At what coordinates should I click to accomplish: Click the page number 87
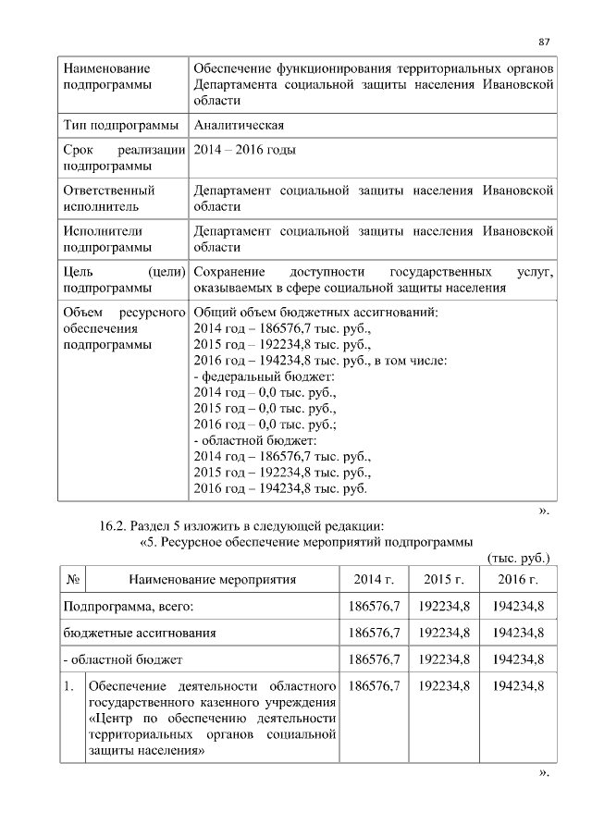545,42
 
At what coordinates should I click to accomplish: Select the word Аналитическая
239,125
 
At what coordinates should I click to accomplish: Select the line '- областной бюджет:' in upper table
255,439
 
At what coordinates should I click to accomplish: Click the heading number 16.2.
116,526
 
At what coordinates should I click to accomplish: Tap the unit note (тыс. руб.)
518,558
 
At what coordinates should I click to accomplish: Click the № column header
73,580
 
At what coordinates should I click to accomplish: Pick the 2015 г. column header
444,580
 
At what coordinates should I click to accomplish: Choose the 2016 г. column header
517,580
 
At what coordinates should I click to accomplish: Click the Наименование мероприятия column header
212,580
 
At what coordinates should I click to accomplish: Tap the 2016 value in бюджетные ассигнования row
517,633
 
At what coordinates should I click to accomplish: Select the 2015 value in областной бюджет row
444,659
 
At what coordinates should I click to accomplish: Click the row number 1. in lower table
69,686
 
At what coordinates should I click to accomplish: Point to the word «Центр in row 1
111,720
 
